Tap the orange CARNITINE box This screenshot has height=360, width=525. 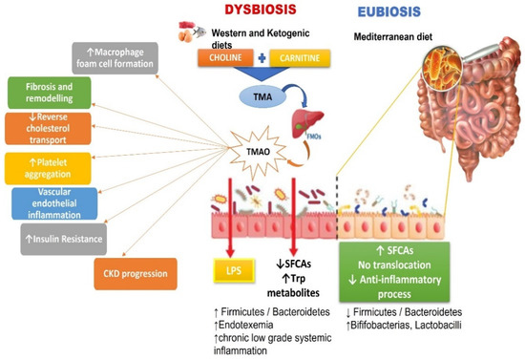298,57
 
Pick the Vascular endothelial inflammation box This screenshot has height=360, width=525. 52,201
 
